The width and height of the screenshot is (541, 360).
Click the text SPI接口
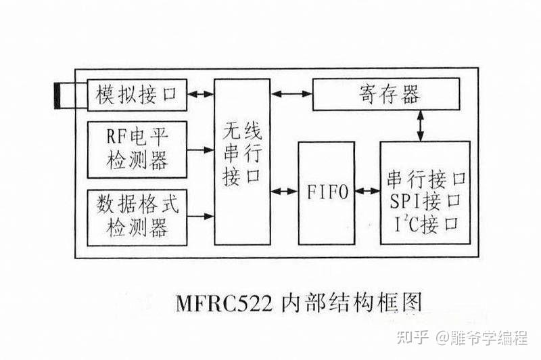pos(425,200)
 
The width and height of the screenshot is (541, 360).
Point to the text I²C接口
pos(425,222)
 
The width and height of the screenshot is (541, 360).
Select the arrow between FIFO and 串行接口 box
pos(367,192)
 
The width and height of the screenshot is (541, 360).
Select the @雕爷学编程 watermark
pos(484,336)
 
